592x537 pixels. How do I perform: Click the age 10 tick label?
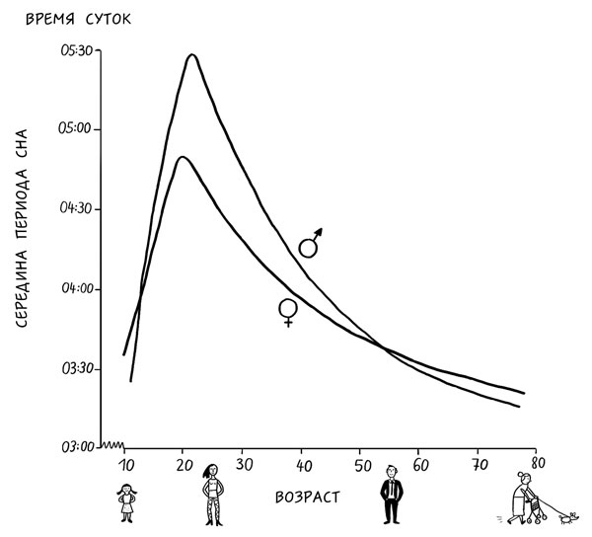[125, 465]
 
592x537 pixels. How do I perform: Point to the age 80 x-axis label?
[538, 461]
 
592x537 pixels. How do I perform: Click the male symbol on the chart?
[311, 243]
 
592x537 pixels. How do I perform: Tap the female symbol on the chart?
[288, 312]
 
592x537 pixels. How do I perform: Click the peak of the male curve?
[191, 55]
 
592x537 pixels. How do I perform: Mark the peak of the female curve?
[182, 157]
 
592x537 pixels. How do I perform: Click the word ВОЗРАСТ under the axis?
[307, 497]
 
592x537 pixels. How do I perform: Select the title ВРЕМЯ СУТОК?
[78, 19]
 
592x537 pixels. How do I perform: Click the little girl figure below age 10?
[126, 502]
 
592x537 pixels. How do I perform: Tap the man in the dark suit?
[392, 499]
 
